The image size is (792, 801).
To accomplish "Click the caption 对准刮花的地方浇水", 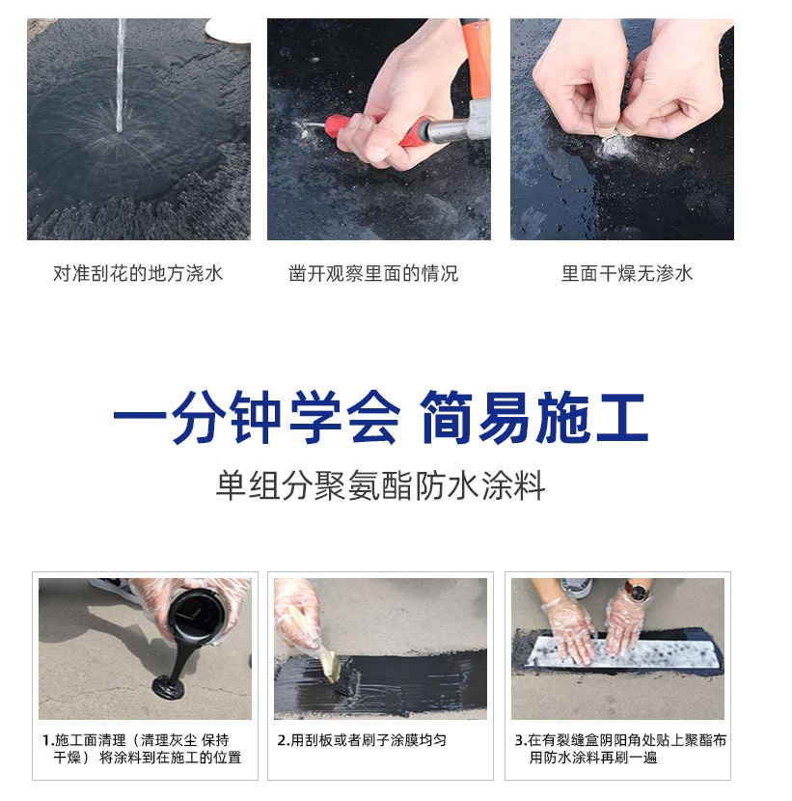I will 138,274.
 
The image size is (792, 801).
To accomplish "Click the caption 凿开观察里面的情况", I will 373,274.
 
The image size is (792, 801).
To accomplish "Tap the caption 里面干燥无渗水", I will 627,274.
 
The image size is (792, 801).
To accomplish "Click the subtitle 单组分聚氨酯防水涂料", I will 381,485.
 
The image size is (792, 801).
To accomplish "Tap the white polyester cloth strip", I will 617,652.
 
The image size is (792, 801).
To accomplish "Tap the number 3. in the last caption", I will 520,740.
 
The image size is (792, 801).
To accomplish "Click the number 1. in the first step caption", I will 47,740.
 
